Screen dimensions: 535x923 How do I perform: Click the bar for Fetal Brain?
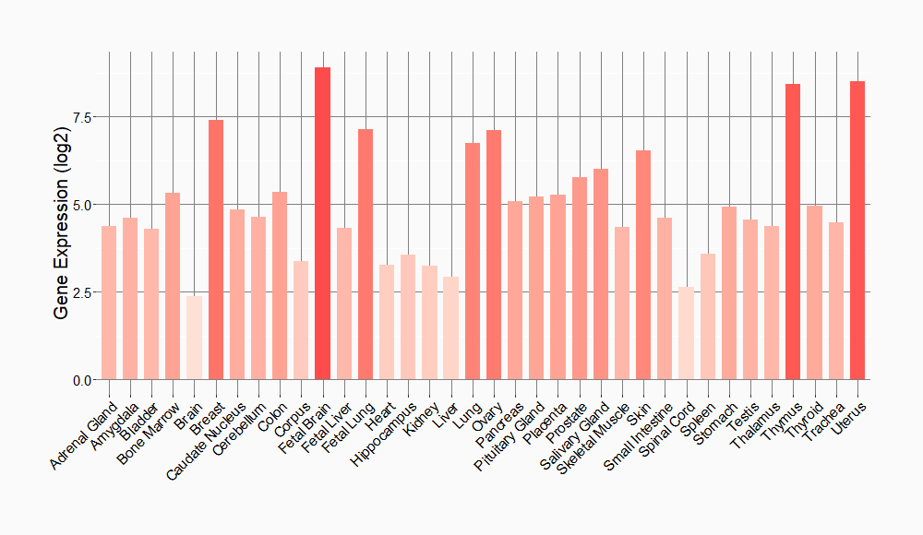tap(322, 223)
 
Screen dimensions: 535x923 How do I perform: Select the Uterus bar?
tap(857, 231)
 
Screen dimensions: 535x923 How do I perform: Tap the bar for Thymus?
tap(793, 232)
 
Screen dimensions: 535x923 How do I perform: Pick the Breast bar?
tap(216, 250)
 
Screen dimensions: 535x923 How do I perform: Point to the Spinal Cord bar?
tap(686, 333)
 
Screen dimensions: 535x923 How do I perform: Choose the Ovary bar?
tap(494, 255)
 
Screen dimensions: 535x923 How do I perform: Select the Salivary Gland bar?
tap(601, 274)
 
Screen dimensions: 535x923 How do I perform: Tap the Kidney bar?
tap(429, 322)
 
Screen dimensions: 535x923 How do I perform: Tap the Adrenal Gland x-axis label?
tap(85, 433)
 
